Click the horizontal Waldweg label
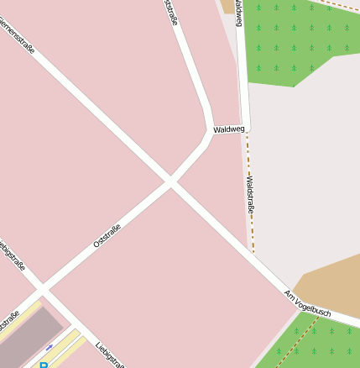[228, 129]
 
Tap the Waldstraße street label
[248, 194]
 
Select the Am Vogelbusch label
[308, 304]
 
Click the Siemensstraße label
[17, 39]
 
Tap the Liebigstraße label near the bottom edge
[110, 355]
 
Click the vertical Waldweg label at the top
[239, 13]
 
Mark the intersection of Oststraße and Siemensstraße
[170, 181]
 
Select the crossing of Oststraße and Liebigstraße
[40, 291]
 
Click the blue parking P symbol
[43, 365]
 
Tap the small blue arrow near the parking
[50, 346]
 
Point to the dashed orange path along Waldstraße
[251, 218]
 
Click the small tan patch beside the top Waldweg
[227, 6]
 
